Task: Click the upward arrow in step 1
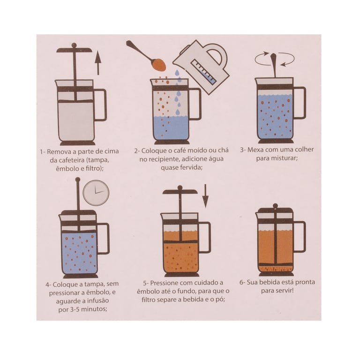click(98, 63)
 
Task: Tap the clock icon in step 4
click(96, 192)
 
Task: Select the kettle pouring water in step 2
click(201, 67)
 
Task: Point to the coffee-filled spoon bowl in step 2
click(159, 65)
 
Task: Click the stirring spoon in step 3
click(274, 65)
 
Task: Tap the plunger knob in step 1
click(74, 45)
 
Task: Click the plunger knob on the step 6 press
click(275, 206)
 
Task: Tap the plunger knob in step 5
click(180, 187)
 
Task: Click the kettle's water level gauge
click(204, 71)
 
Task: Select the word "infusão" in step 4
click(99, 301)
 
